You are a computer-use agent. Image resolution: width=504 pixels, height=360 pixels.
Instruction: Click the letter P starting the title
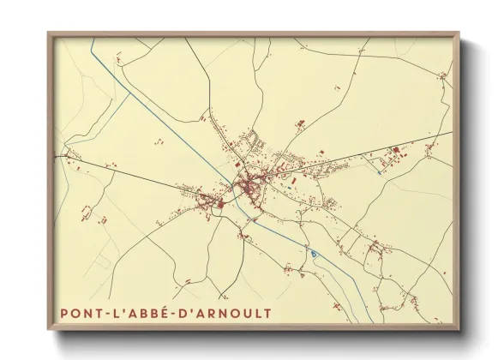pyautogui.click(x=65, y=314)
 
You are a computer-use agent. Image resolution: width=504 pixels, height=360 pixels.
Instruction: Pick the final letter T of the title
pyautogui.click(x=266, y=314)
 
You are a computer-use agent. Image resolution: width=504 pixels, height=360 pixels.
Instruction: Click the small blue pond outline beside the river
pyautogui.click(x=314, y=253)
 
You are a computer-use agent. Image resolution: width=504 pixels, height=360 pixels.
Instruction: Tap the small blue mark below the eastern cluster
pyautogui.click(x=379, y=172)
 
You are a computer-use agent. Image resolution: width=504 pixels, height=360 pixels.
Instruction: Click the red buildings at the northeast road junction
pyautogui.click(x=442, y=76)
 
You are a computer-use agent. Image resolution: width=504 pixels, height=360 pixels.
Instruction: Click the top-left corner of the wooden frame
pyautogui.click(x=50, y=35)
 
